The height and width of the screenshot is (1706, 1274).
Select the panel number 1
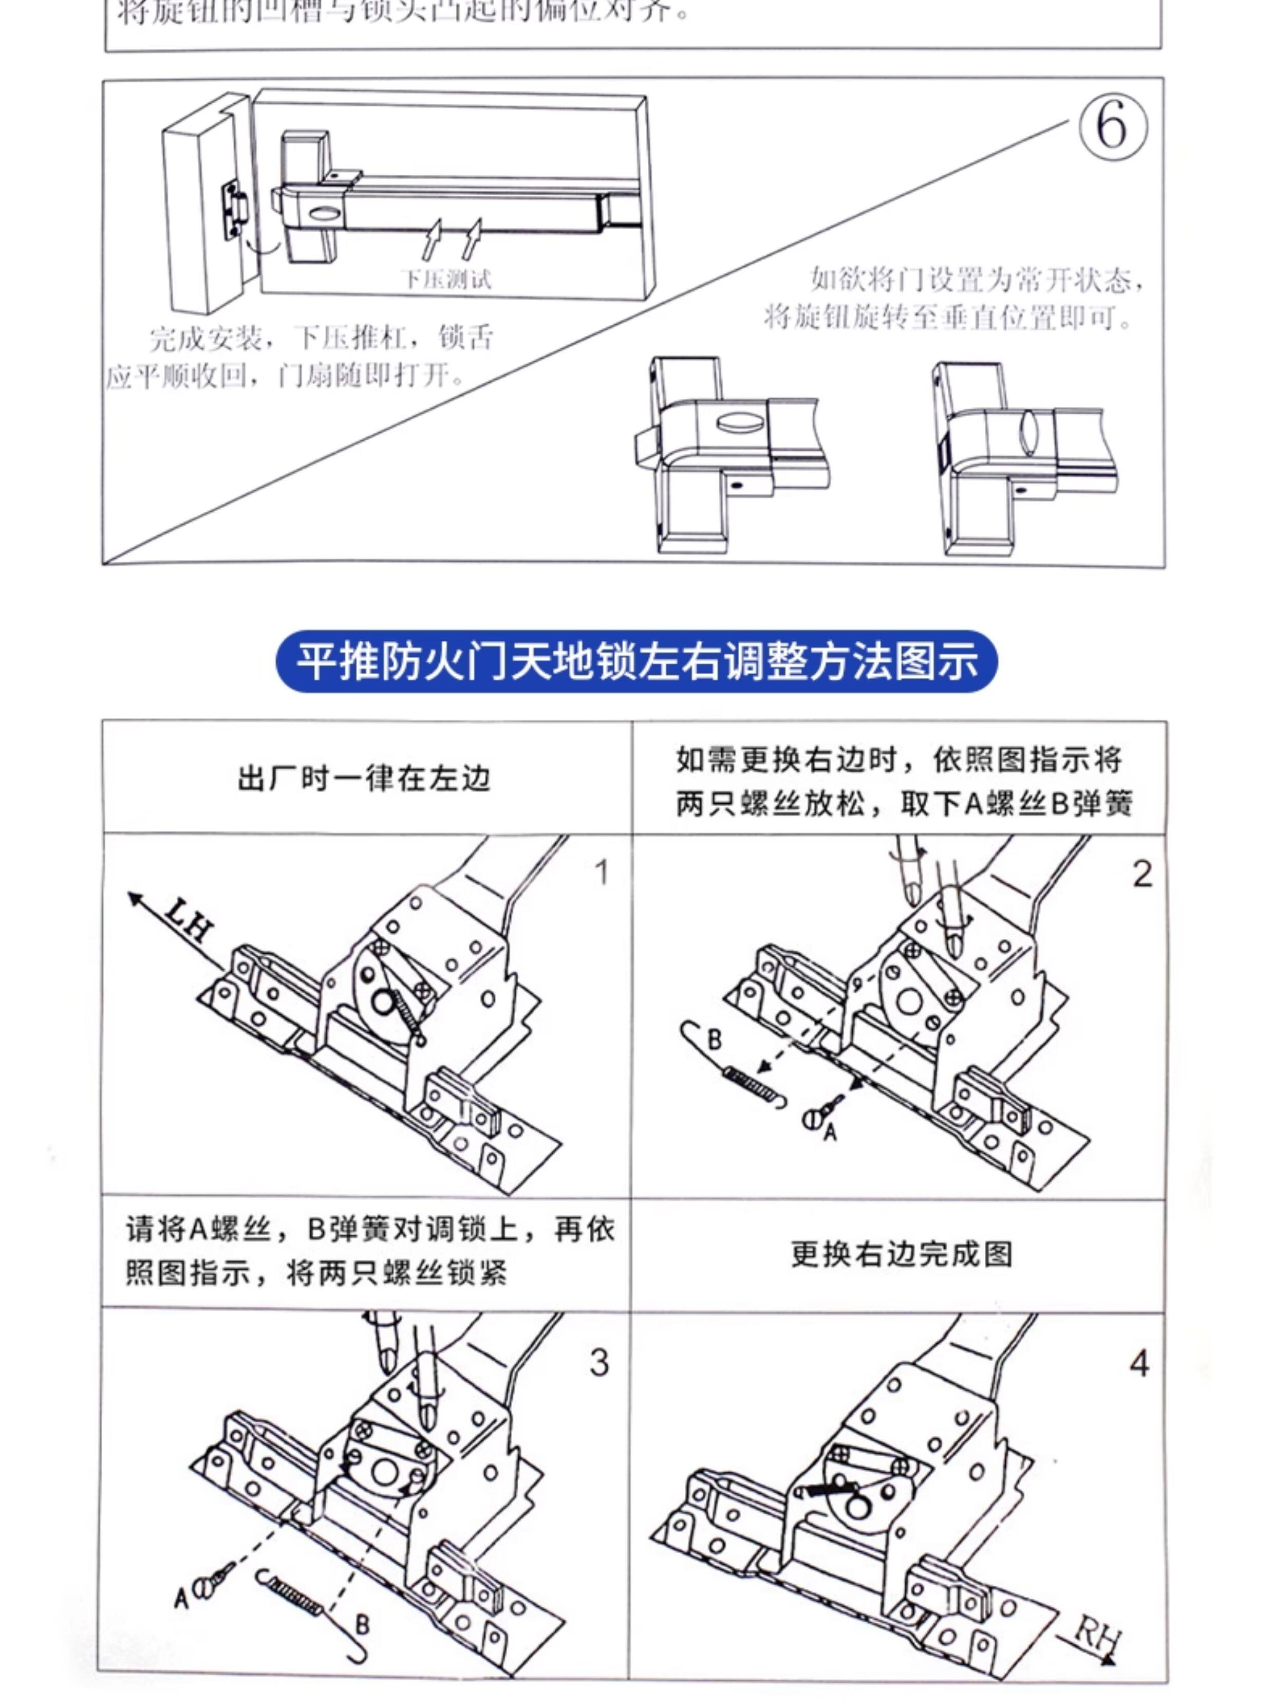(x=602, y=873)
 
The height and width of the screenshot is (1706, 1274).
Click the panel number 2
(x=1142, y=875)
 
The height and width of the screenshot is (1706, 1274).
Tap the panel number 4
(x=1139, y=1364)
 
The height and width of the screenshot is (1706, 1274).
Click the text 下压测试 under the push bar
(x=446, y=279)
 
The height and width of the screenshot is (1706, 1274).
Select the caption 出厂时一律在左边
(x=364, y=779)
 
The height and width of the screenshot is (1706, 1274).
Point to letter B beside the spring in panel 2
(x=714, y=1039)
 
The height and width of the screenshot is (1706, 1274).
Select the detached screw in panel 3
(x=214, y=1581)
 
